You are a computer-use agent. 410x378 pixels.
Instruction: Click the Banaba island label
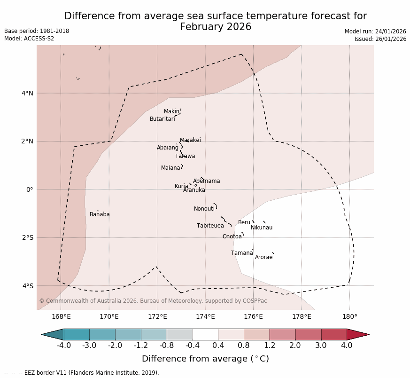pyautogui.click(x=100, y=214)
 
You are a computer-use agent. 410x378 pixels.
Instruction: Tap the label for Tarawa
pyautogui.click(x=185, y=156)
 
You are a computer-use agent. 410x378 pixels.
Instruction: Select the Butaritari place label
pyautogui.click(x=162, y=119)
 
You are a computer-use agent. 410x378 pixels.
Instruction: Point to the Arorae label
pyautogui.click(x=263, y=257)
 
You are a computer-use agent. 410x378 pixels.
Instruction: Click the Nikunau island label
pyautogui.click(x=262, y=228)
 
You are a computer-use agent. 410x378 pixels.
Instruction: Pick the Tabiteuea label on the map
pyautogui.click(x=210, y=226)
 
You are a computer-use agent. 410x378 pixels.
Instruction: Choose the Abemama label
pyautogui.click(x=206, y=181)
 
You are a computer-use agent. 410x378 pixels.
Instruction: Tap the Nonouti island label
pyautogui.click(x=204, y=209)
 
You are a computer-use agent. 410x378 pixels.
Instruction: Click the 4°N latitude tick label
pyautogui.click(x=27, y=93)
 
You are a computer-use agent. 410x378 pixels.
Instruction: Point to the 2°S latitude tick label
pyautogui.click(x=27, y=237)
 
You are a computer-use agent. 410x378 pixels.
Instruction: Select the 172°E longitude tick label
pyautogui.click(x=157, y=316)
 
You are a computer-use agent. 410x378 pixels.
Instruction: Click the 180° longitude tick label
pyautogui.click(x=349, y=316)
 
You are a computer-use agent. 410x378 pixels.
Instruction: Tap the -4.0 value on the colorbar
pyautogui.click(x=64, y=346)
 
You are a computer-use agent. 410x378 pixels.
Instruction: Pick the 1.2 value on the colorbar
pyautogui.click(x=270, y=346)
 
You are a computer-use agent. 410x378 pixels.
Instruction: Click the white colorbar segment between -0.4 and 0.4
pyautogui.click(x=205, y=334)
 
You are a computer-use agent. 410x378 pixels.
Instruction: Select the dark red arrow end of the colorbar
pyautogui.click(x=356, y=334)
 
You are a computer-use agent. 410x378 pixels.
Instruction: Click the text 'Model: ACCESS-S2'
pyautogui.click(x=29, y=39)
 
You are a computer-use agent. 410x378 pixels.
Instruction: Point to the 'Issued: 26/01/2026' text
pyautogui.click(x=380, y=39)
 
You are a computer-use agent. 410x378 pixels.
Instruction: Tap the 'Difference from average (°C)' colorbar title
pyautogui.click(x=205, y=359)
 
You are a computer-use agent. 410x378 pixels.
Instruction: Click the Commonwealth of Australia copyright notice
pyautogui.click(x=153, y=301)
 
